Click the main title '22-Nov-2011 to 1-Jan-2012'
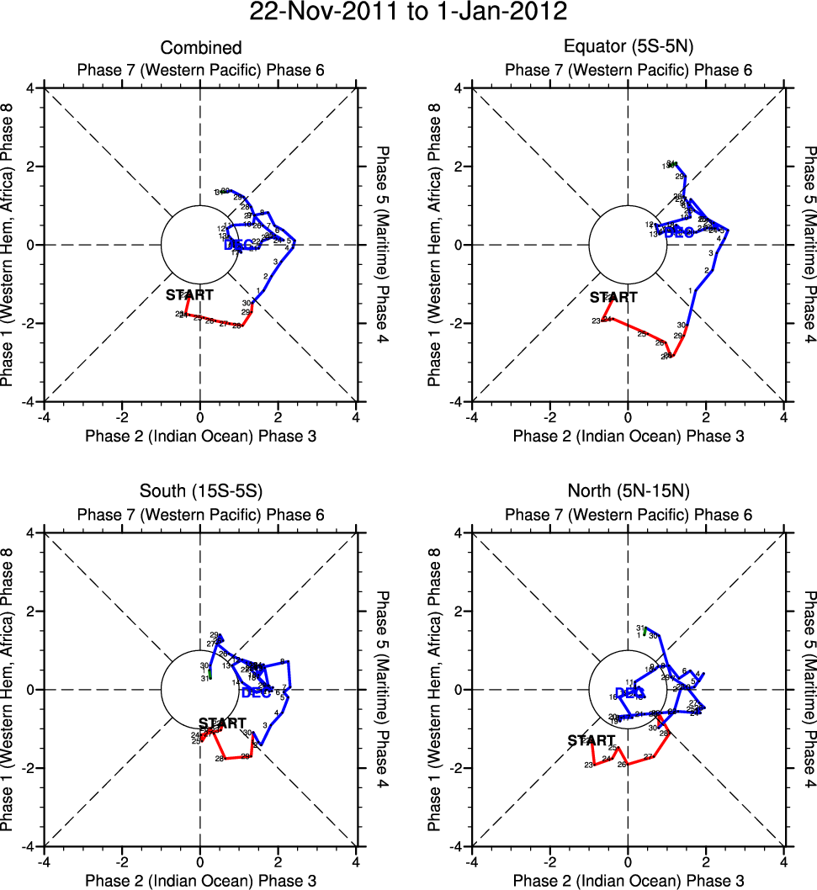[408, 13]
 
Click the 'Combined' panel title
[201, 48]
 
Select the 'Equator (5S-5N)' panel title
[629, 48]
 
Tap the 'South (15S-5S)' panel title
[201, 493]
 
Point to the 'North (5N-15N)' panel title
[629, 493]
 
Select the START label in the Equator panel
[613, 298]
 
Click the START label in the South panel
[222, 723]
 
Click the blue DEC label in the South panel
[256, 693]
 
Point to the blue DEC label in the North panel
[630, 693]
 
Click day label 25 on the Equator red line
[641, 334]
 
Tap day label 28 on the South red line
[219, 759]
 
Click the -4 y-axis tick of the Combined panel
[28, 402]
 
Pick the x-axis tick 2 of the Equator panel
[706, 416]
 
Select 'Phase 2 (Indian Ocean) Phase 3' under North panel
[629, 880]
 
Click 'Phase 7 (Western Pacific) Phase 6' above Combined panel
[201, 70]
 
